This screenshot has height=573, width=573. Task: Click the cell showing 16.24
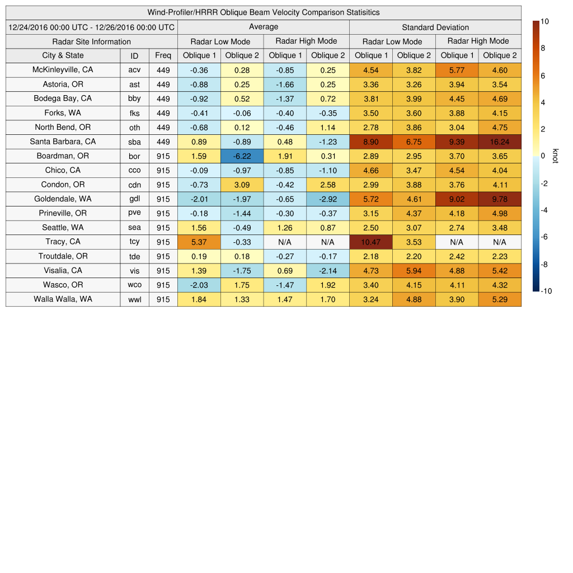(x=500, y=142)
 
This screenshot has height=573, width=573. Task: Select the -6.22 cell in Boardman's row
(x=242, y=156)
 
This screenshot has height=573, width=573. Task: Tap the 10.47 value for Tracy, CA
(x=370, y=242)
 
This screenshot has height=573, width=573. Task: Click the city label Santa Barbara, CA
(x=63, y=142)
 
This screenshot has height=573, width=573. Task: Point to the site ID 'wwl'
(x=134, y=299)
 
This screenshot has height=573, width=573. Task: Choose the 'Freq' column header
(x=163, y=55)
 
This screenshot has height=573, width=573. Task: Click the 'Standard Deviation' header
(x=435, y=27)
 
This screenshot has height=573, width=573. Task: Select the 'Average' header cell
(x=263, y=27)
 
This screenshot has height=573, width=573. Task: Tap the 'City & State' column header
(x=63, y=55)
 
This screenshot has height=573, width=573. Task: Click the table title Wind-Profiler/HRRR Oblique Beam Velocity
(x=263, y=12)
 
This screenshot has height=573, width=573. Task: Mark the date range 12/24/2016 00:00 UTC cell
(x=91, y=27)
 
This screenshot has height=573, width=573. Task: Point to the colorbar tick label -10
(x=547, y=291)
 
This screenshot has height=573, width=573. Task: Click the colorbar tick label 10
(x=544, y=21)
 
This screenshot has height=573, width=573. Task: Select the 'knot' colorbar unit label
(x=556, y=156)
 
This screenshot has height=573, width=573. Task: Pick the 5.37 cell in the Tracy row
(x=199, y=242)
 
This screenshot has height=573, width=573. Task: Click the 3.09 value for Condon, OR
(x=242, y=185)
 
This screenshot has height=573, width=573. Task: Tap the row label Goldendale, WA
(x=63, y=199)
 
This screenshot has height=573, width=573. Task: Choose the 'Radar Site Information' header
(x=91, y=41)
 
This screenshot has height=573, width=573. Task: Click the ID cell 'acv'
(x=134, y=70)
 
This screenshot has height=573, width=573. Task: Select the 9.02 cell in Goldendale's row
(x=457, y=199)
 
